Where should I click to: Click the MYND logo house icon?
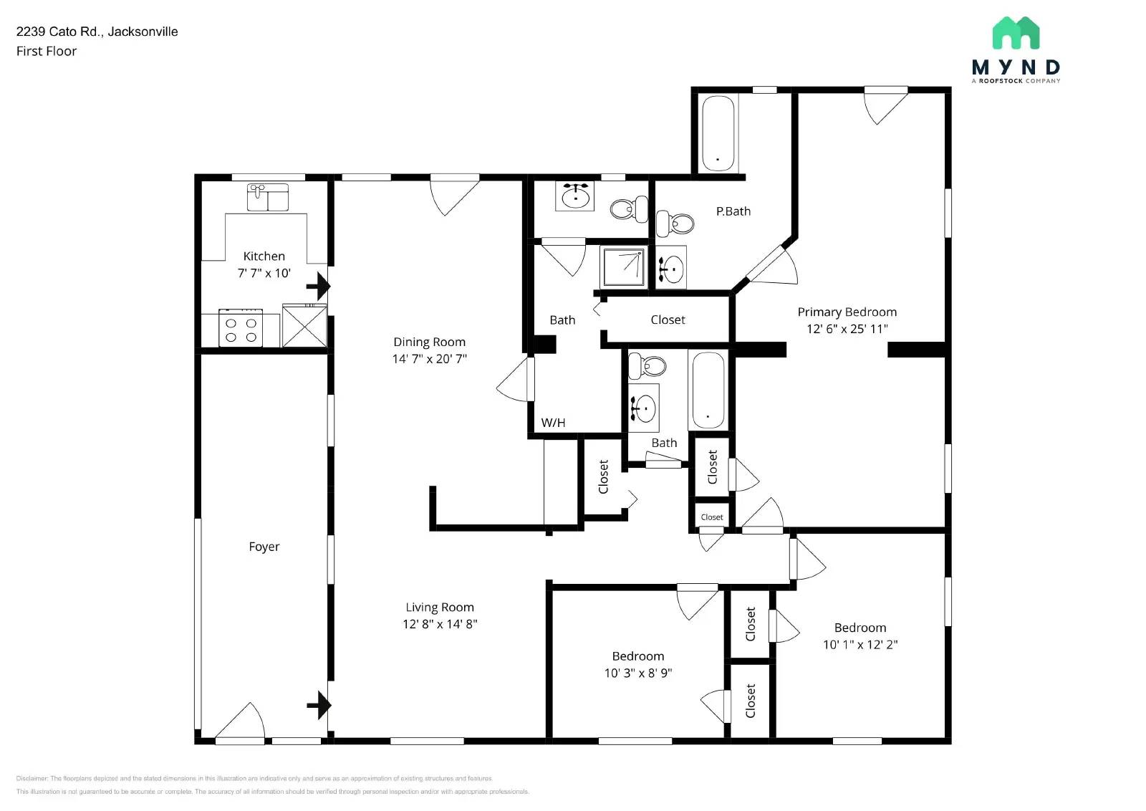[x=1015, y=33]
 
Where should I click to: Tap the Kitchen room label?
[x=264, y=256]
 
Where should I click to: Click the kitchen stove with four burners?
[x=241, y=329]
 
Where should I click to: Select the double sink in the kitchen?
[x=267, y=197]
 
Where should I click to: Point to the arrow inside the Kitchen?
[x=318, y=287]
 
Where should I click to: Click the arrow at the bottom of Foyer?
[x=319, y=706]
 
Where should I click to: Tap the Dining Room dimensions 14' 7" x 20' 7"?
[x=429, y=359]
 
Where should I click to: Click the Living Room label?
[x=439, y=608]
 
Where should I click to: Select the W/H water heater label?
[x=553, y=423]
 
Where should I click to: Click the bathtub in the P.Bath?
[x=718, y=133]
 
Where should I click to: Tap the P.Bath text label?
[x=733, y=211]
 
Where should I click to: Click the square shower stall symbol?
[x=622, y=267]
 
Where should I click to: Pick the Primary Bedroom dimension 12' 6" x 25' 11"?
[x=847, y=329]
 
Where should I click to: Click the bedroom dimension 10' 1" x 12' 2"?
[x=860, y=645]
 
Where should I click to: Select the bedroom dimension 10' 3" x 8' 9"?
[x=637, y=673]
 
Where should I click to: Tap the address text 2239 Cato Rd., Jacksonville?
[x=97, y=32]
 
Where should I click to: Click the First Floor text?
[x=47, y=52]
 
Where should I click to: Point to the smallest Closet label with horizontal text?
[x=711, y=517]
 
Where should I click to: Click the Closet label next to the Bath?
[x=668, y=320]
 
